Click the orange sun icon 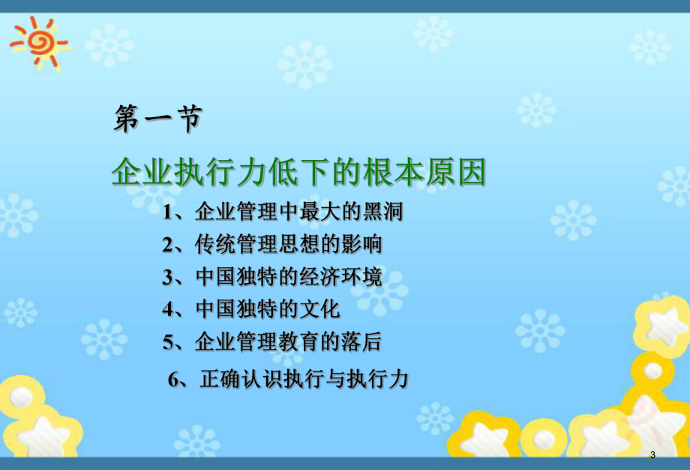click(x=37, y=41)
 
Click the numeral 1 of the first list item click(x=167, y=212)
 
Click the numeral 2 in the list click(x=167, y=245)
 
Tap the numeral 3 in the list click(x=167, y=277)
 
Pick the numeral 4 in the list click(x=167, y=309)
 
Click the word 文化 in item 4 click(x=322, y=309)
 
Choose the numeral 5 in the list click(x=167, y=342)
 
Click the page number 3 click(x=652, y=456)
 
